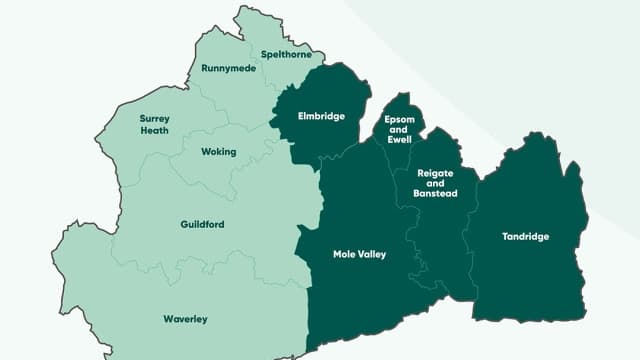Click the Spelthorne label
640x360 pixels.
click(285, 54)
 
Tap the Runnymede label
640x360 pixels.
click(226, 68)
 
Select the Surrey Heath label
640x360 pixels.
click(155, 124)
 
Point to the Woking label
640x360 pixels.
click(219, 152)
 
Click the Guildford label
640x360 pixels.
click(203, 224)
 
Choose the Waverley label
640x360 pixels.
click(185, 319)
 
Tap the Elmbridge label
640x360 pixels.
click(321, 116)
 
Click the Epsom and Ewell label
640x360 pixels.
click(398, 130)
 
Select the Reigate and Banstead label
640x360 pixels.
click(435, 183)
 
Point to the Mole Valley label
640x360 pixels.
click(359, 254)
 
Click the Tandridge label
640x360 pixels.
click(526, 237)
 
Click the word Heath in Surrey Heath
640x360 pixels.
click(155, 130)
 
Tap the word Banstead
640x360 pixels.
click(435, 194)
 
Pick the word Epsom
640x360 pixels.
click(398, 119)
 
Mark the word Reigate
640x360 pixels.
click(435, 173)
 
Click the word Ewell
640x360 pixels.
click(398, 141)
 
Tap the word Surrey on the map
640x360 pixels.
click(155, 118)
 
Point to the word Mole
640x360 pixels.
click(344, 254)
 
